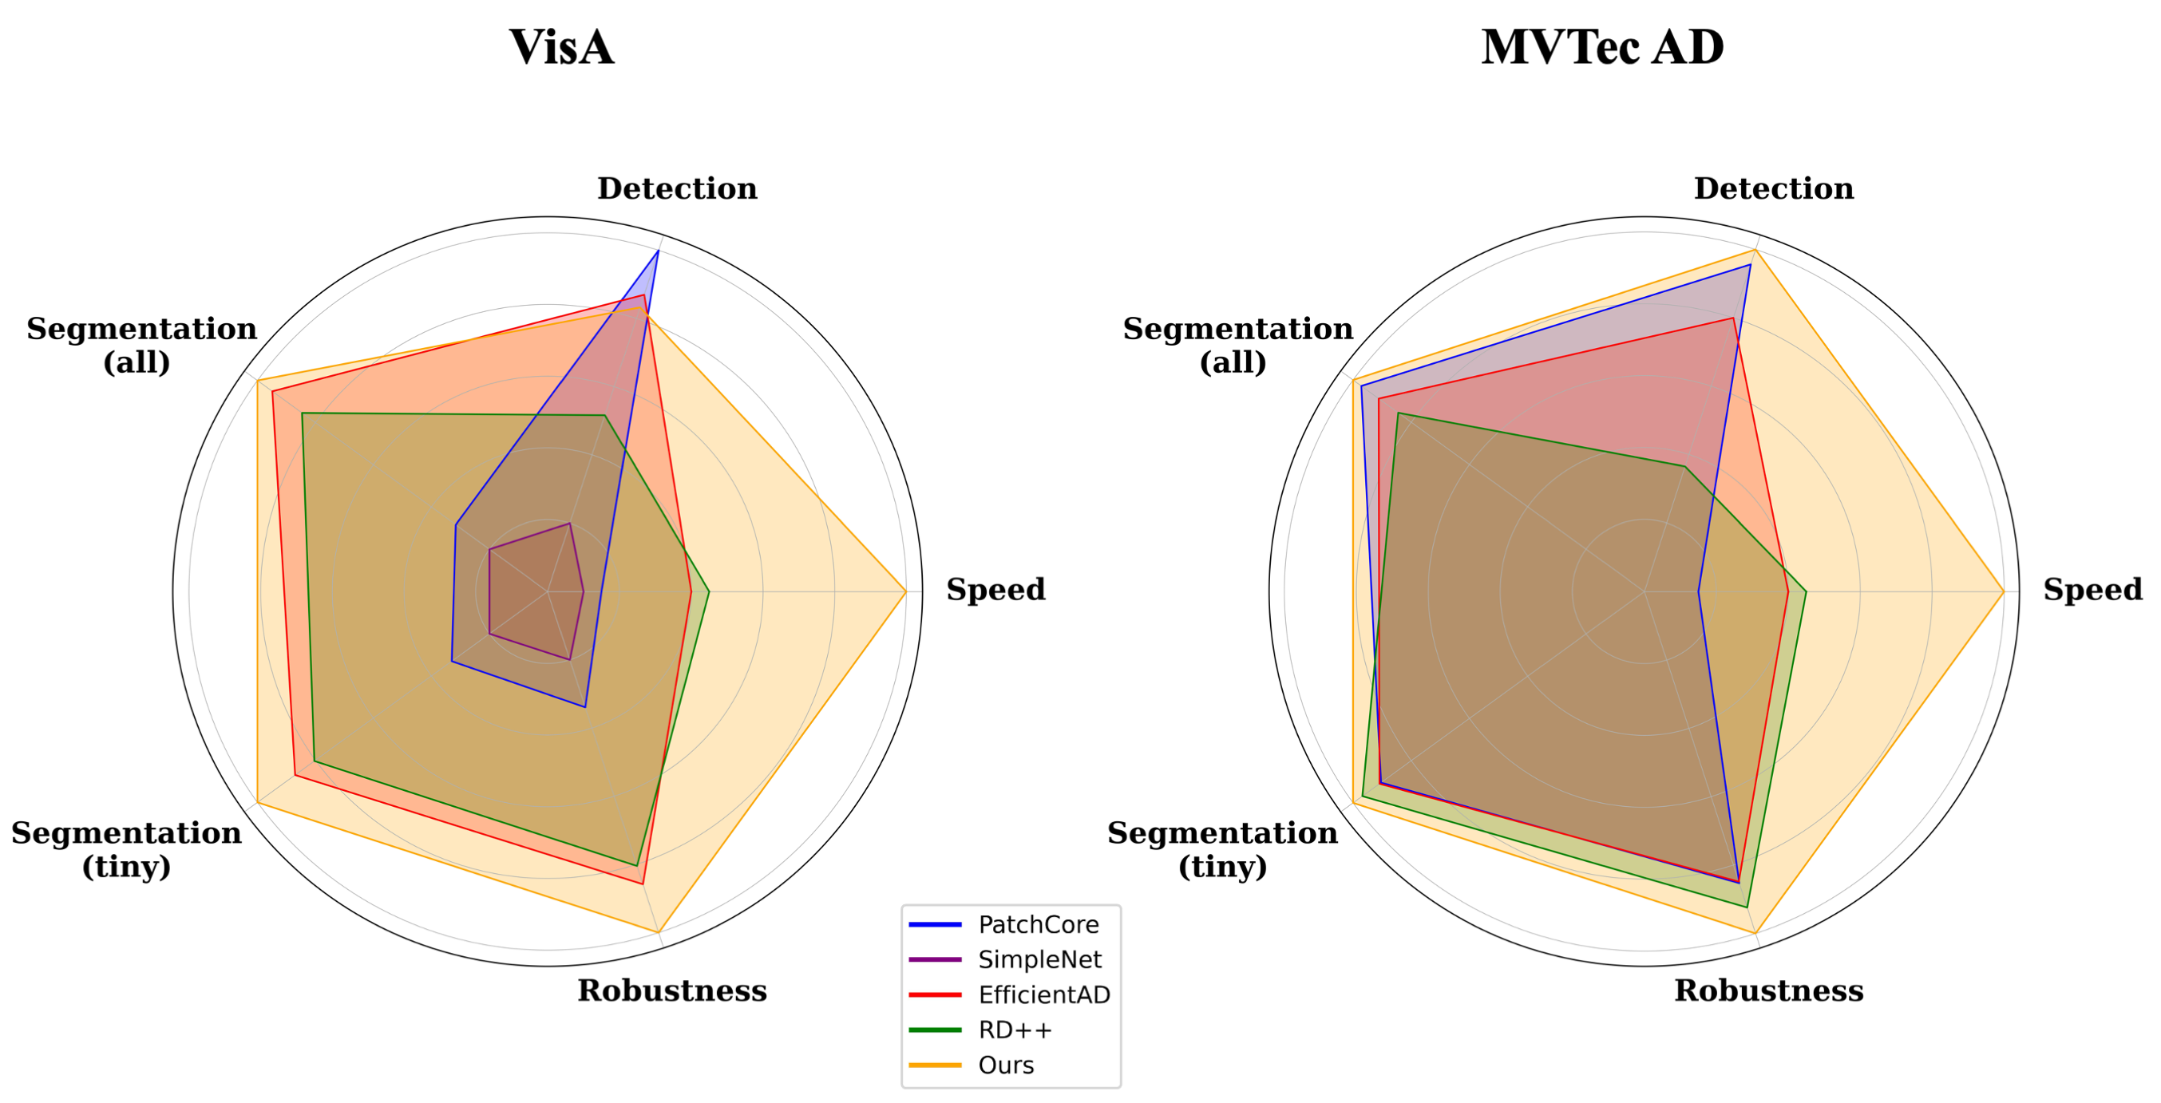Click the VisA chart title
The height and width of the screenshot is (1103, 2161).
coord(561,47)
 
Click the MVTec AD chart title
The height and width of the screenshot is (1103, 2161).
coord(1602,47)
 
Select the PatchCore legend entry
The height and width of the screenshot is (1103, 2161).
coord(1038,924)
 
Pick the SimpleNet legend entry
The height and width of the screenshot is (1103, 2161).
coord(1039,959)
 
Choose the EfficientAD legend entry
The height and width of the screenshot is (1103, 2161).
coord(1043,994)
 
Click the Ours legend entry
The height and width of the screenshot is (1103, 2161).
coord(1006,1065)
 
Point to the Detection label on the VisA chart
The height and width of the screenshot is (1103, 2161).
coord(677,188)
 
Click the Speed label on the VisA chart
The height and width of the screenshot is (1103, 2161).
coord(995,590)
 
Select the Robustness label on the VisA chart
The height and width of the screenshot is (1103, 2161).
coord(672,990)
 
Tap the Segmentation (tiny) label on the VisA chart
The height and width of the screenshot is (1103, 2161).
coord(127,849)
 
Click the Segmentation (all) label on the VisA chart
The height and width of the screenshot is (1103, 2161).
coord(141,345)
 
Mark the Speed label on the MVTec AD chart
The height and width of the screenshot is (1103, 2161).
coord(2092,590)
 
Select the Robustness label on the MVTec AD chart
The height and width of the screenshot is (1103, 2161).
coord(1768,990)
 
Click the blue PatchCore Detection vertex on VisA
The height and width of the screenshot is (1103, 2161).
coord(659,251)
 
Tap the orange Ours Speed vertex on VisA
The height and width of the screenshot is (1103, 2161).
coord(906,592)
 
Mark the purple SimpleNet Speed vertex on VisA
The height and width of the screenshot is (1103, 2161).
coord(583,592)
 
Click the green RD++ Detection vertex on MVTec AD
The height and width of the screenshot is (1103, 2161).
coord(1684,465)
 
